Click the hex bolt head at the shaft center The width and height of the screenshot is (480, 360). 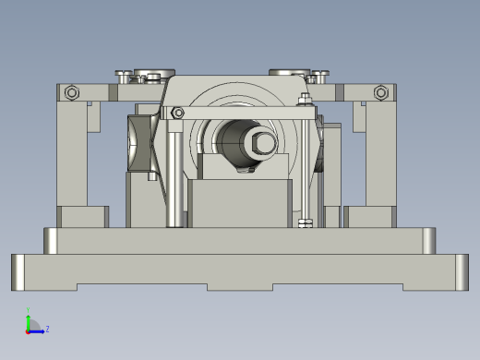point(261,142)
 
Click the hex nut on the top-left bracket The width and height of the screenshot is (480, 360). point(72,92)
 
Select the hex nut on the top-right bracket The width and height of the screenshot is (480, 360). point(380,92)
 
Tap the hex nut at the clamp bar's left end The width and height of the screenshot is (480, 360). point(177,113)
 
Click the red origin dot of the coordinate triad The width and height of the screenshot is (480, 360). point(28,330)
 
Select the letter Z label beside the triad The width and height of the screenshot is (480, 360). point(47,328)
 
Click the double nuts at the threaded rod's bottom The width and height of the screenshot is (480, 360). point(306,223)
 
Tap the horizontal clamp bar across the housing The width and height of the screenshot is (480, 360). point(240,113)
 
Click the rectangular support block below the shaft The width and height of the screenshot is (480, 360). point(239,203)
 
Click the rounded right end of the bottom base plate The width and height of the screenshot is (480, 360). point(460,271)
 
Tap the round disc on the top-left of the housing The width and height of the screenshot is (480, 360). point(153,74)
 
